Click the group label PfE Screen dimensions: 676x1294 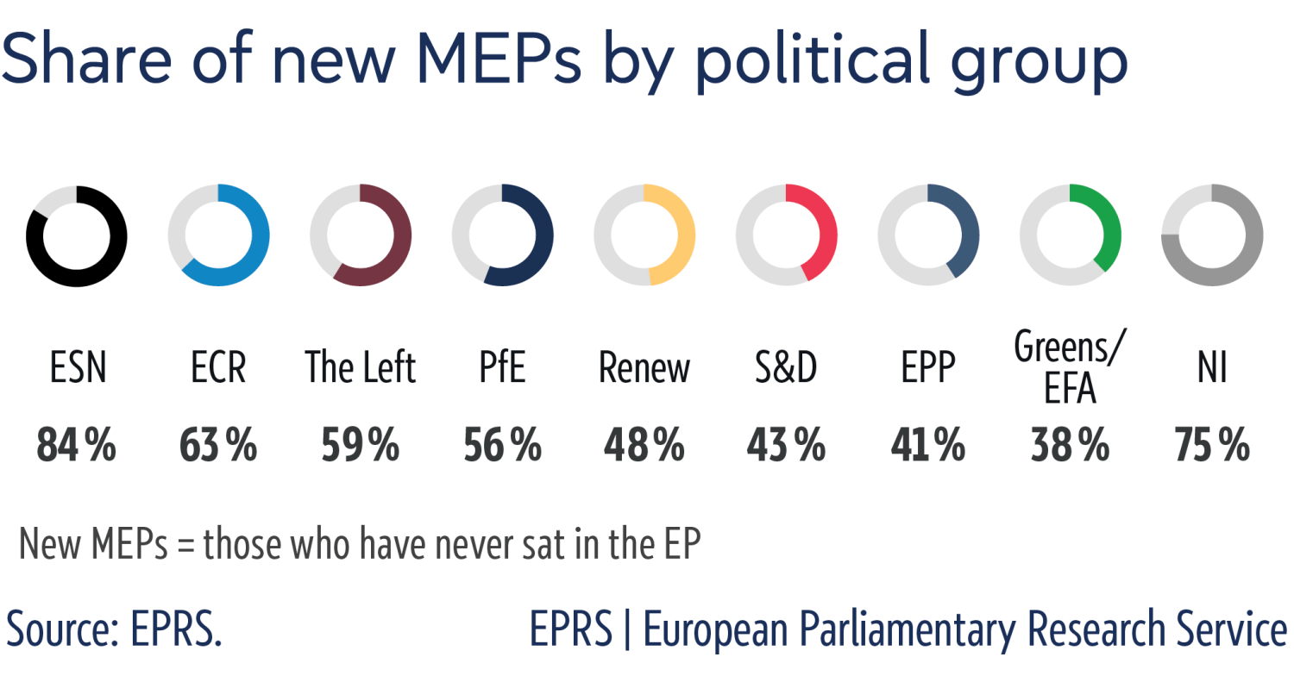point(503,369)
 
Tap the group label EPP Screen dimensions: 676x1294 point(928,369)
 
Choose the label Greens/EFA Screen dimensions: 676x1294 point(1070,368)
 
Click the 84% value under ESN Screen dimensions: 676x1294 point(77,446)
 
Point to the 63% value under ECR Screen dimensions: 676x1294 point(218,446)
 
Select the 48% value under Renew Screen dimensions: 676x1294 point(644,446)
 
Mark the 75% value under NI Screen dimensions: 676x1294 point(1212,446)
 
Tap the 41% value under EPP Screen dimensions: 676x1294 point(928,446)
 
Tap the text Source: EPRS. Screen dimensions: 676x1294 point(114,629)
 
